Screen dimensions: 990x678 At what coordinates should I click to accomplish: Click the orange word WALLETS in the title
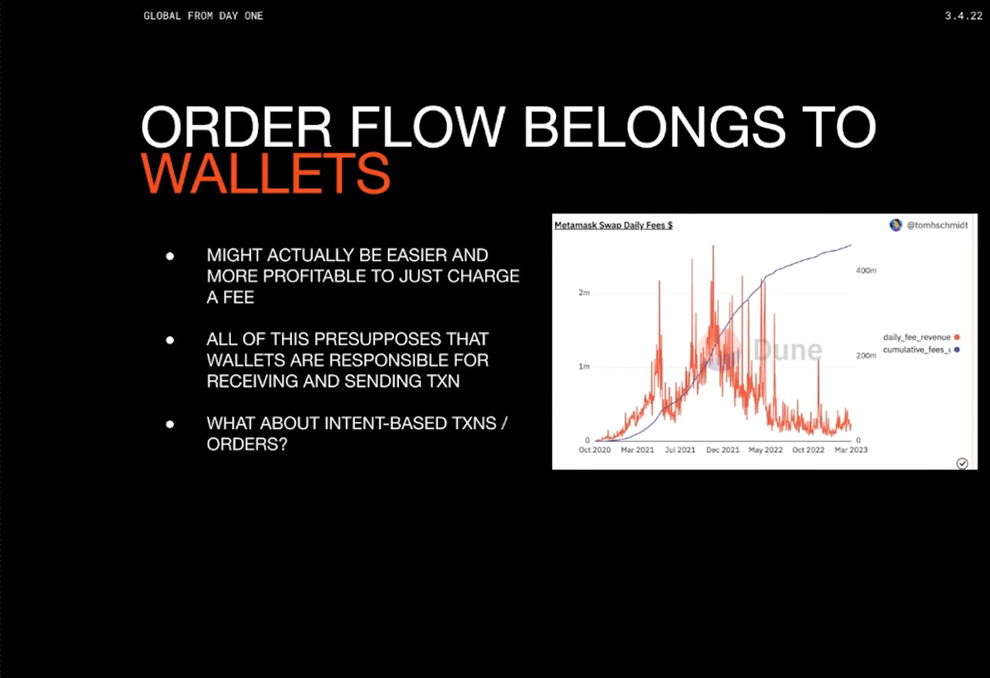(x=266, y=173)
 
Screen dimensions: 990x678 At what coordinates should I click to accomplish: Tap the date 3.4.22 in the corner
(x=964, y=16)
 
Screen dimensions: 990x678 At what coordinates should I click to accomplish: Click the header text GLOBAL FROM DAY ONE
(x=203, y=16)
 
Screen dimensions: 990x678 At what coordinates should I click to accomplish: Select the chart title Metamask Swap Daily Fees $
(x=613, y=226)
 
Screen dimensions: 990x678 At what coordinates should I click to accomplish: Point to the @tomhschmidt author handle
(x=937, y=226)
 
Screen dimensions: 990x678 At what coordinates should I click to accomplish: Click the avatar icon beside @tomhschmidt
(x=895, y=226)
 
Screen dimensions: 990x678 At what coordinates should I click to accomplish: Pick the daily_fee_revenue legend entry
(x=921, y=337)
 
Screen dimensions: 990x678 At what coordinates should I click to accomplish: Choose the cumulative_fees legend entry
(x=921, y=350)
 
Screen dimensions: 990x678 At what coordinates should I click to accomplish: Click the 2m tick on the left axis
(x=584, y=293)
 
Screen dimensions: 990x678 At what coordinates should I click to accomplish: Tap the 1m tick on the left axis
(x=584, y=367)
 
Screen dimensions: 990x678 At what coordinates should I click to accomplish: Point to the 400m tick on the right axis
(x=866, y=271)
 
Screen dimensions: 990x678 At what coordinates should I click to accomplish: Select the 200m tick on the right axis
(x=866, y=356)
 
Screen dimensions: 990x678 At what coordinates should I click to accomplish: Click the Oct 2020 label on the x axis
(x=594, y=450)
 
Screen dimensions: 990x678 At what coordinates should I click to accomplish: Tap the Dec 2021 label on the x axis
(x=723, y=450)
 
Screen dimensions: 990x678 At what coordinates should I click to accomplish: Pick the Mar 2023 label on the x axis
(x=851, y=450)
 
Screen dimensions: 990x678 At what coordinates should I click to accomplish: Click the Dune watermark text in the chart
(x=787, y=350)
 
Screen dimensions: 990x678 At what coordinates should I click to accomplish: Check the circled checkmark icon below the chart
(x=962, y=463)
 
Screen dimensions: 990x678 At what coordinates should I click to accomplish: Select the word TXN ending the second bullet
(x=442, y=381)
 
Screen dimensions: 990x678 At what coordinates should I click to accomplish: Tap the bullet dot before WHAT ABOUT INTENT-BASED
(x=170, y=424)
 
